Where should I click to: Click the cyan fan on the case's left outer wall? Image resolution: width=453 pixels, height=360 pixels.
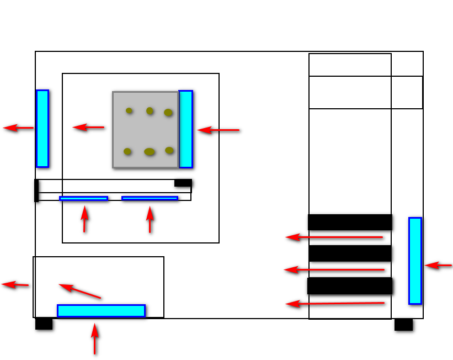pos(42,128)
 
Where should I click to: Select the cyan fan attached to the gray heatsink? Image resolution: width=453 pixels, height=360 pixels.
pos(185,129)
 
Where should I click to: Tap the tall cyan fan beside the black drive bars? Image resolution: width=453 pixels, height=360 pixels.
pos(415,261)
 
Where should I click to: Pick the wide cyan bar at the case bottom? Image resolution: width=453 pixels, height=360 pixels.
pos(101,311)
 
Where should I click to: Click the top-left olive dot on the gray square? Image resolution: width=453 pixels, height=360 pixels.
pos(129,111)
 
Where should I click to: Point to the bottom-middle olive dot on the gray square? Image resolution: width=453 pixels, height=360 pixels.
pos(150,152)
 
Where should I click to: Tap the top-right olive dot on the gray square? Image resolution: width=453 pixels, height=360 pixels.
pos(168,113)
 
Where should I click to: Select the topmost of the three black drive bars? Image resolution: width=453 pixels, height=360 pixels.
pos(350,222)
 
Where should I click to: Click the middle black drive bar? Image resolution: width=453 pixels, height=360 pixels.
pos(350,253)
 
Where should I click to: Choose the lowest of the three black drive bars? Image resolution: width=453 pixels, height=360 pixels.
pos(350,285)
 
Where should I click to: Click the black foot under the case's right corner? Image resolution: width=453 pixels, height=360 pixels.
pos(403,325)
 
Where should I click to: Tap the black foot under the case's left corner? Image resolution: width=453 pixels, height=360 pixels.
pos(44,324)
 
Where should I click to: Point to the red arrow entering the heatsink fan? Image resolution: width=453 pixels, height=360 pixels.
pos(218,130)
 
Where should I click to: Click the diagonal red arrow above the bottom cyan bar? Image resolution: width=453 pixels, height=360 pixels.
pos(79,290)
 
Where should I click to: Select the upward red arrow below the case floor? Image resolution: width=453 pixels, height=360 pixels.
pos(95,338)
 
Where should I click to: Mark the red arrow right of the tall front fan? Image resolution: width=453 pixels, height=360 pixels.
pos(438,266)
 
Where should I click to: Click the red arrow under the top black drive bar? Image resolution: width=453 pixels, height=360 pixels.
pos(334,237)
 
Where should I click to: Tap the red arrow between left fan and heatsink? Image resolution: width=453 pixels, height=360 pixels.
pos(88,128)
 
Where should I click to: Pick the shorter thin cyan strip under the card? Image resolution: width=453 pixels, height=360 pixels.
pos(83,198)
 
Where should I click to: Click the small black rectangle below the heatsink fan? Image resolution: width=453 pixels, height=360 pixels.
pos(183,183)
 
